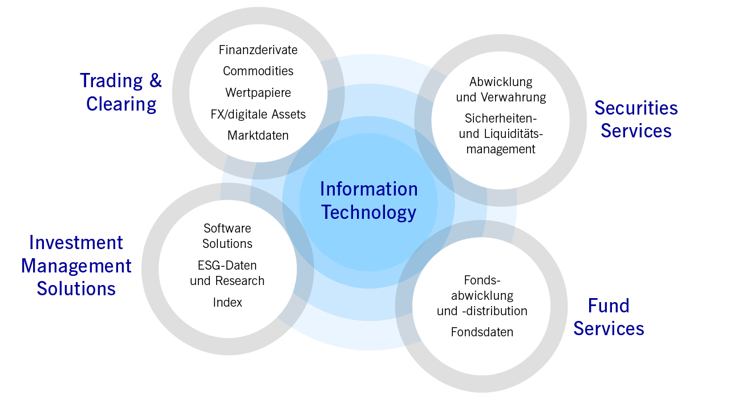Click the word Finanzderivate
click(x=258, y=50)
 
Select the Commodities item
click(x=258, y=71)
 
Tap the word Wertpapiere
click(x=258, y=93)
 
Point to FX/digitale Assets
click(x=258, y=115)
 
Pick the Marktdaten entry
click(x=258, y=135)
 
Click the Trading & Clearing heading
click(x=121, y=92)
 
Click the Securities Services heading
click(x=636, y=119)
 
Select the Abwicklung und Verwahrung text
click(x=501, y=89)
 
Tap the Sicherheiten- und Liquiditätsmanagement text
click(x=501, y=133)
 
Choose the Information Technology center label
click(x=369, y=200)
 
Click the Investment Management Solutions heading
click(x=76, y=266)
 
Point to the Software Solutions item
click(x=227, y=236)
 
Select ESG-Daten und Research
click(x=227, y=273)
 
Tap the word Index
click(x=228, y=303)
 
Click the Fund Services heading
click(x=609, y=317)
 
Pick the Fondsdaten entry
click(x=482, y=332)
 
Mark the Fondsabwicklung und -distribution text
click(x=482, y=295)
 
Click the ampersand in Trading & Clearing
click(x=156, y=80)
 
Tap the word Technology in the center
click(x=369, y=213)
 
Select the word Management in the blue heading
click(x=76, y=266)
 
